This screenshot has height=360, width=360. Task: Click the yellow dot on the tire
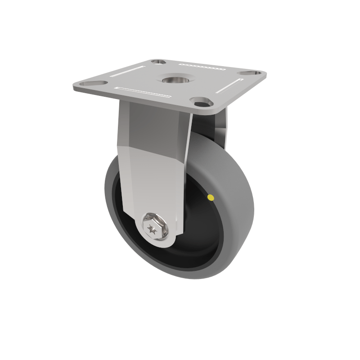click(x=210, y=197)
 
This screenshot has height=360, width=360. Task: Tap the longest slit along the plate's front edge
click(x=143, y=92)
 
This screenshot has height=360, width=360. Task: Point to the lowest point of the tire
click(x=189, y=278)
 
